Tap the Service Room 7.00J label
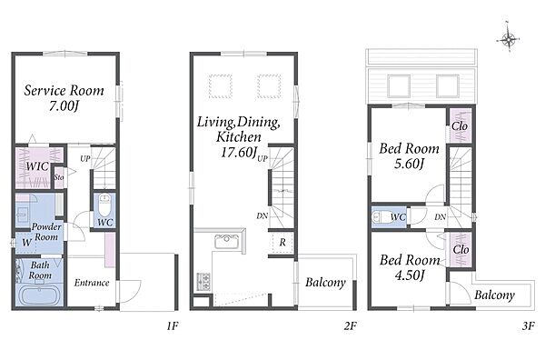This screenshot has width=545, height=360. pos(64,98)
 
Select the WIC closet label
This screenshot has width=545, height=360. pos(37,166)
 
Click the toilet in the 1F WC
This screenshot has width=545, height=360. pos(104,205)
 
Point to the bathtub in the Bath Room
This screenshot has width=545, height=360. pos(39,295)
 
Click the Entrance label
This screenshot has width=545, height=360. pos(92,283)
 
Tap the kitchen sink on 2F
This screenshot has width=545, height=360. pos(226,242)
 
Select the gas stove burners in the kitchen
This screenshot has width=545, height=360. pos(203,282)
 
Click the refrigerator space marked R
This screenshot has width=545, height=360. pos(282,242)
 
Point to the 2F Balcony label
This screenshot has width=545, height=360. pos(326,282)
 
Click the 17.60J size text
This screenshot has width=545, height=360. pos(239,153)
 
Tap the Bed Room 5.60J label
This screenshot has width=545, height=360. pos(409,155)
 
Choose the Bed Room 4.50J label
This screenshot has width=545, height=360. pos(410,267)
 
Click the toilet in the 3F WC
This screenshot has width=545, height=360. pos(381,217)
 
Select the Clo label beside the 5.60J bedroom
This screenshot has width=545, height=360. pos(460,126)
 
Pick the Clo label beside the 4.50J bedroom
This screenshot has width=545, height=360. pos(461,249)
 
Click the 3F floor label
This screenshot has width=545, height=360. pos(528,326)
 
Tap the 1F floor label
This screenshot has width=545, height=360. pos(172,326)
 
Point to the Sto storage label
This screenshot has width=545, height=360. pos(59,177)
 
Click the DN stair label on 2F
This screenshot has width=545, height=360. pos(263,216)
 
